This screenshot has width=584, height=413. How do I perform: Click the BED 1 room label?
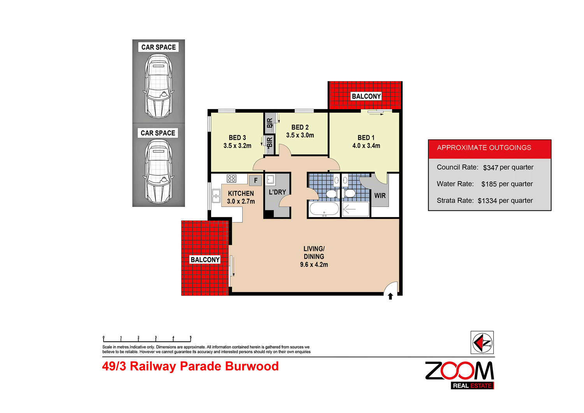(x=366, y=138)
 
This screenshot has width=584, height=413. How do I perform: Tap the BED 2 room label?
(x=300, y=127)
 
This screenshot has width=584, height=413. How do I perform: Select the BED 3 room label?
(x=237, y=138)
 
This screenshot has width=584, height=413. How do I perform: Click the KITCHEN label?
(x=241, y=193)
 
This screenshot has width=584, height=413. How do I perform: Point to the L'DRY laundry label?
(x=277, y=192)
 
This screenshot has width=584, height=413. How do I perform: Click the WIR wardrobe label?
(x=380, y=196)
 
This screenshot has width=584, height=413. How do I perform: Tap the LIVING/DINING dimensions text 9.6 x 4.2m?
(x=314, y=265)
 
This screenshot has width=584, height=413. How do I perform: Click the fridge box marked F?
(x=255, y=180)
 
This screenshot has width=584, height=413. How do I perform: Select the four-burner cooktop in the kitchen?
(x=232, y=178)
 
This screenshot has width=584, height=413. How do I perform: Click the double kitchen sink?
(x=216, y=196)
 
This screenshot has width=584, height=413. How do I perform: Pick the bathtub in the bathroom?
(x=324, y=209)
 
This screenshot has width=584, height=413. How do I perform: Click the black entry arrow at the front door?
(x=390, y=297)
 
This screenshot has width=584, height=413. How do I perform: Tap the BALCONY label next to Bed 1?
(x=366, y=96)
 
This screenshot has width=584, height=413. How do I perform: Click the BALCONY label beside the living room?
(x=205, y=259)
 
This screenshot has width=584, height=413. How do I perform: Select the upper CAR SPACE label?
(x=158, y=47)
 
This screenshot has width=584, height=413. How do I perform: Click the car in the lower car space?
(x=158, y=171)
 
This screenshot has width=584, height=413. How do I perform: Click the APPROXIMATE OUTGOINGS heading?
(x=484, y=148)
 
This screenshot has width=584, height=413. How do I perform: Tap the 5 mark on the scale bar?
(x=190, y=338)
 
